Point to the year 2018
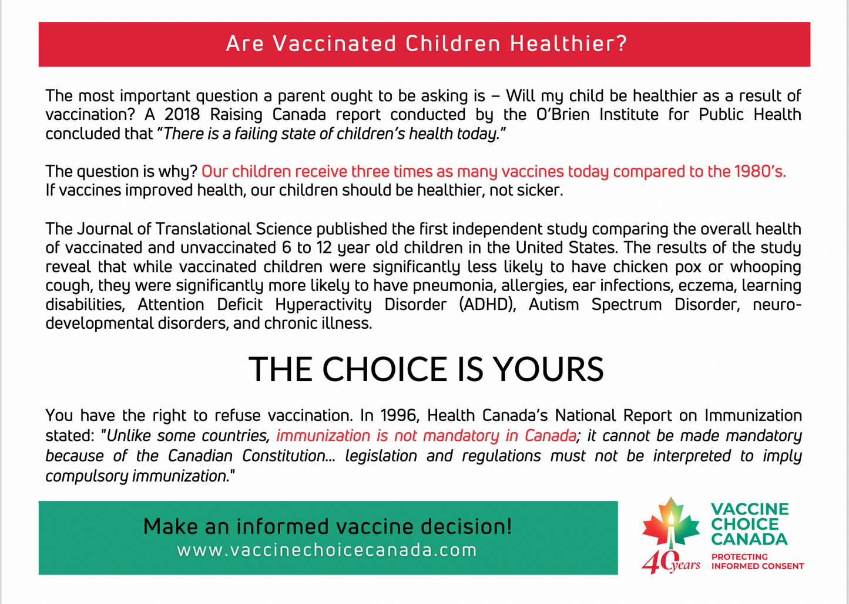click(x=182, y=114)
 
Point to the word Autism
click(x=553, y=305)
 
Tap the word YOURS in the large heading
click(x=548, y=369)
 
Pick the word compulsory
click(x=86, y=476)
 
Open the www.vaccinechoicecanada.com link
click(x=327, y=550)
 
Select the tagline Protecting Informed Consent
click(x=757, y=561)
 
